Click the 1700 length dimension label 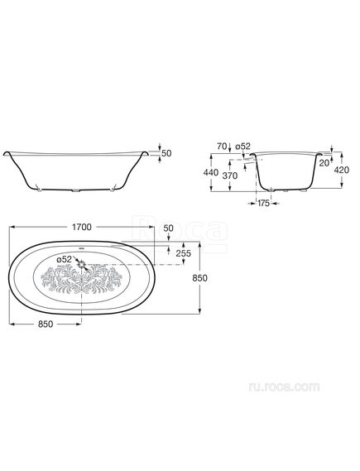coord(82,227)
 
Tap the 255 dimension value coord(183,253)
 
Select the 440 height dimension coord(211,173)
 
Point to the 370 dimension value coord(230,175)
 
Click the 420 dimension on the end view coord(342,170)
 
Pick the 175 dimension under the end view coord(263,204)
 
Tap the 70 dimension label coord(222,147)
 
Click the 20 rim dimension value coord(324,163)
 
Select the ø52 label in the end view coord(242,147)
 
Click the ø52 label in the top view coord(65,259)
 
